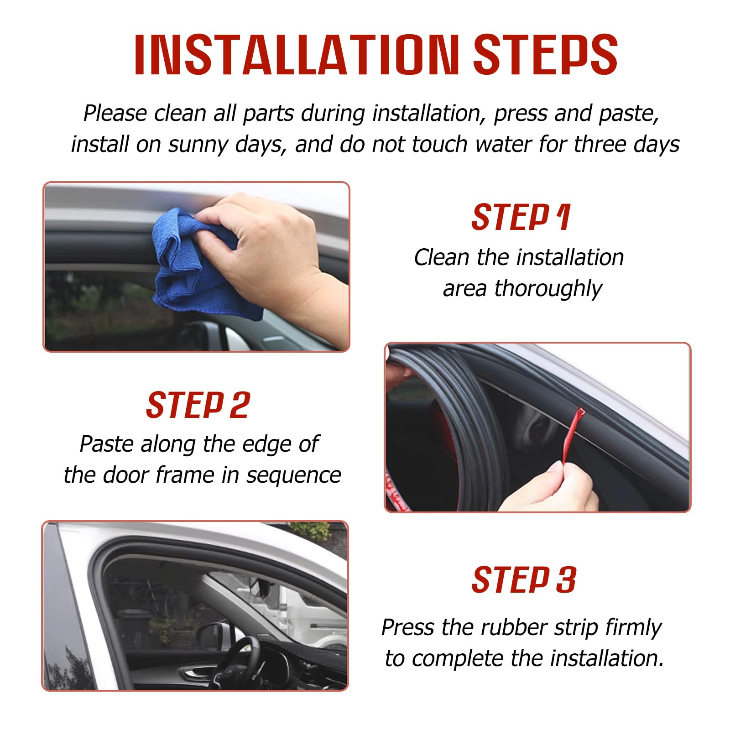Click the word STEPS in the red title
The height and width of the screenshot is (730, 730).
tap(546, 54)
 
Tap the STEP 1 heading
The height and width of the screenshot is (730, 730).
tap(521, 217)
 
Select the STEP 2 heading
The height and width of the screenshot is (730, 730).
tap(198, 405)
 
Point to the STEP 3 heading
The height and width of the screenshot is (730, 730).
tap(524, 580)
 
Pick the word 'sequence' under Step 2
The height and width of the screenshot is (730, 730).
tap(294, 475)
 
